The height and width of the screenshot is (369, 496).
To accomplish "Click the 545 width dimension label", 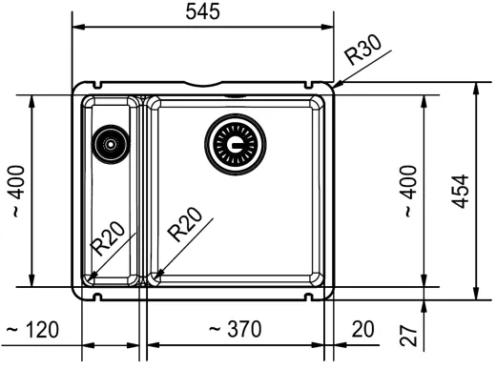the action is (x=202, y=11).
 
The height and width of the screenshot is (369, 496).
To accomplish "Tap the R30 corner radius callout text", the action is (x=363, y=50).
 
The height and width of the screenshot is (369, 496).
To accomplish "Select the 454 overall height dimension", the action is (x=461, y=192).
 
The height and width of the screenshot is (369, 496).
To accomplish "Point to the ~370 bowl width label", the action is (x=236, y=329).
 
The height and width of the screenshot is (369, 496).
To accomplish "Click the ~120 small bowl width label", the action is (x=32, y=330).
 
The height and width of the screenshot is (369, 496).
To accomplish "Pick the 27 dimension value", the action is (x=408, y=336).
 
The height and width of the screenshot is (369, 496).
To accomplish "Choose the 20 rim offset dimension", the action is (x=362, y=329).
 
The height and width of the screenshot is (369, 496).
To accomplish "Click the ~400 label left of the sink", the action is (x=18, y=191).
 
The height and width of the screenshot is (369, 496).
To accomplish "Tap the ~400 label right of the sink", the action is (x=410, y=191).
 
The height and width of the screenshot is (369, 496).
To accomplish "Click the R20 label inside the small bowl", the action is (x=108, y=238).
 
